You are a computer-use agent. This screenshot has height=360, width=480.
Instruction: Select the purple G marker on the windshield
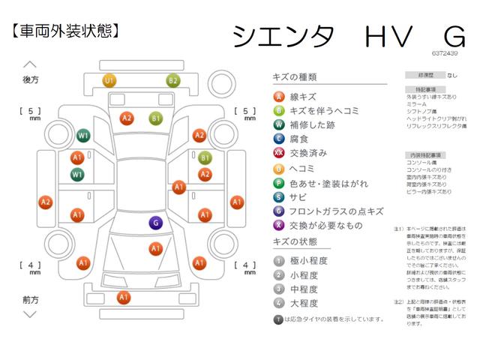(x=155, y=222)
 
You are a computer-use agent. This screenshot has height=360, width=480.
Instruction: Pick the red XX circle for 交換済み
(x=278, y=153)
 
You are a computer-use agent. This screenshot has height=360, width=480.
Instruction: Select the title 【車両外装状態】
(x=66, y=31)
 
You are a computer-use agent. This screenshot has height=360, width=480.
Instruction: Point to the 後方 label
(x=31, y=79)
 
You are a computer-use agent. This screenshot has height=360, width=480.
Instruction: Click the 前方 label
(x=31, y=299)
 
